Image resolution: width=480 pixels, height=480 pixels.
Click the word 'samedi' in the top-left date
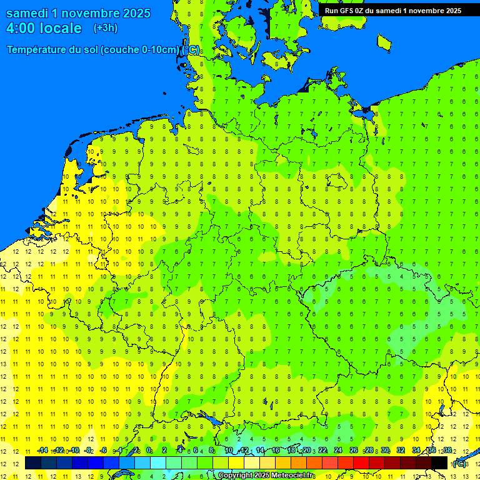point(27,13)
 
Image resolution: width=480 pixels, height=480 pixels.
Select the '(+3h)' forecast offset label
point(105,28)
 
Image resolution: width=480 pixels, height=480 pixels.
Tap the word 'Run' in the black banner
point(331,11)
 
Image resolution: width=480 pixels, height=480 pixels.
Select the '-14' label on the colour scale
point(42,451)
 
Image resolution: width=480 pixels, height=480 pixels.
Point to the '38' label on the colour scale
point(447,451)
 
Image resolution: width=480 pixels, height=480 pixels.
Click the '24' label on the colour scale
point(337,451)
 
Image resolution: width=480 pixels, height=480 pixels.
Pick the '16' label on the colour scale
point(275,451)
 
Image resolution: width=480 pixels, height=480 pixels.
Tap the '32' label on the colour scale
point(400,451)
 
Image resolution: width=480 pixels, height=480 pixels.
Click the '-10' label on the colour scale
point(74,451)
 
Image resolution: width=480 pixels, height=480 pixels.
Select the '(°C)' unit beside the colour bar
point(459,464)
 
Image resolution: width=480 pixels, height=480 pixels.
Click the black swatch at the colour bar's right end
point(439,463)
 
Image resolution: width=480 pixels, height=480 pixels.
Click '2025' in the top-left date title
point(132,13)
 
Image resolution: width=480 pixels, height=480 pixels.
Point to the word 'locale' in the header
point(59,28)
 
